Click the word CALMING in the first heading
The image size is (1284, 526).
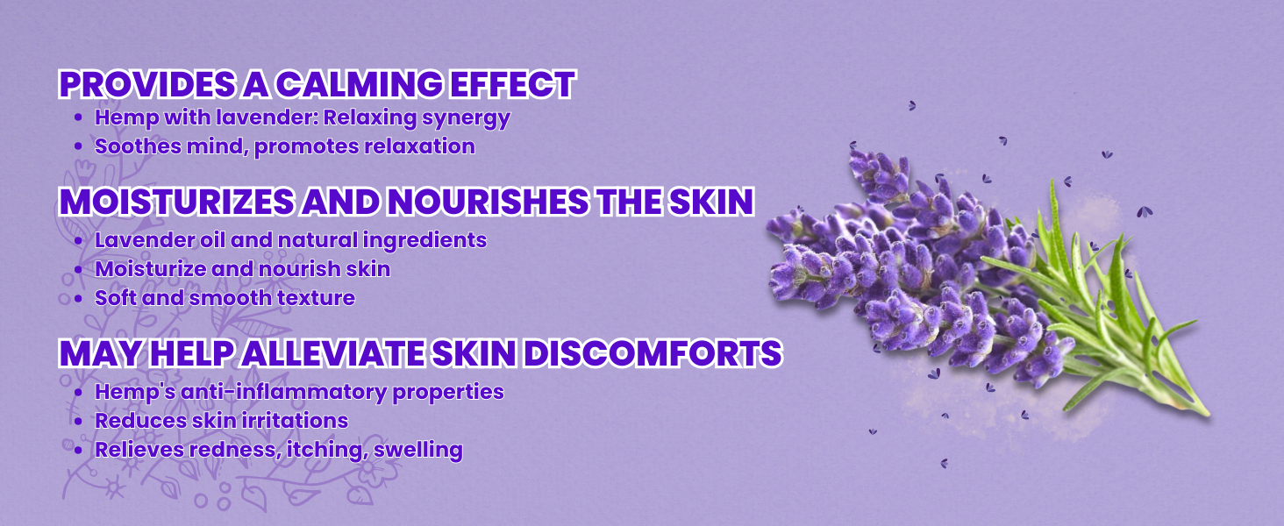click(360, 84)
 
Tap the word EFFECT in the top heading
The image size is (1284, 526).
click(512, 84)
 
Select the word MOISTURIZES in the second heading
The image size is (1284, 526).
click(177, 202)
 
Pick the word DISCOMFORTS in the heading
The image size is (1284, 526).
click(653, 353)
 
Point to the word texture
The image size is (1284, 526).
click(316, 298)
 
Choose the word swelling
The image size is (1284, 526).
click(417, 451)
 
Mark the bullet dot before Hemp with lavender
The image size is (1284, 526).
click(79, 118)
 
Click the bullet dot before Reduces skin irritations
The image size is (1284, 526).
click(79, 422)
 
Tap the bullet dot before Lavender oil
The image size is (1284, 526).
click(79, 241)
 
